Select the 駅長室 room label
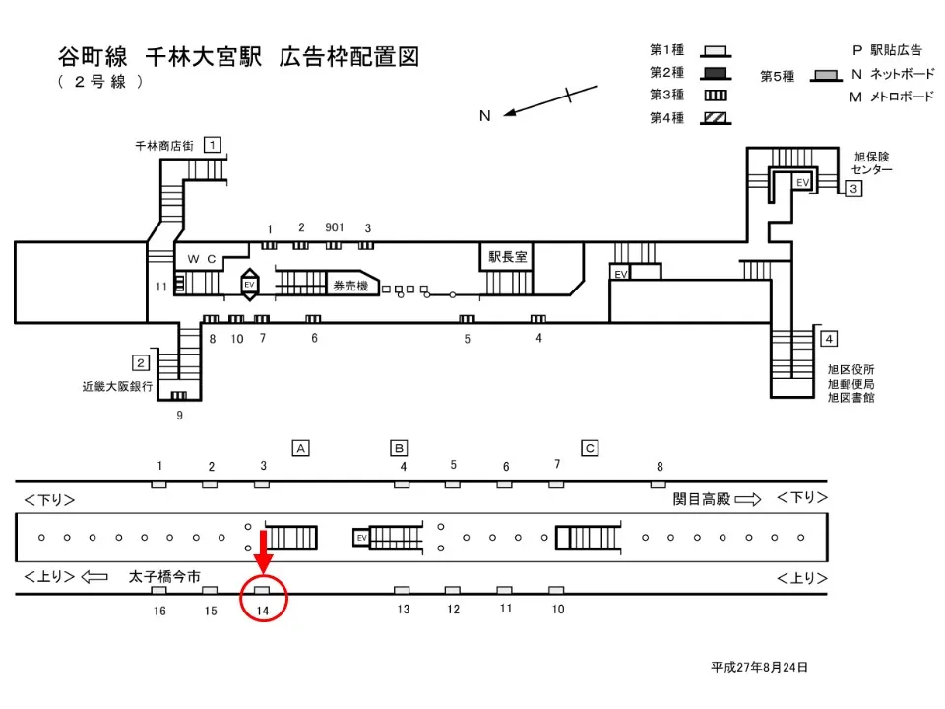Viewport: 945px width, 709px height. point(508,256)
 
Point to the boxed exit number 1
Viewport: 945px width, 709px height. point(212,145)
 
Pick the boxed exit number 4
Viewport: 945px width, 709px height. point(829,339)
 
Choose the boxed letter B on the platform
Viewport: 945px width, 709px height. point(399,448)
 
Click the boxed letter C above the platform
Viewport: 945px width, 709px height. point(590,448)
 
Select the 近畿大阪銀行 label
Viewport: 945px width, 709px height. point(117,387)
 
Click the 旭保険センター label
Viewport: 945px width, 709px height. point(871,163)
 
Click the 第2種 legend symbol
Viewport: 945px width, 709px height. point(716,72)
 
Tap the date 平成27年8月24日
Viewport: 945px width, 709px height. point(759,667)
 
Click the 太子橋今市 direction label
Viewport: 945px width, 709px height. point(164,576)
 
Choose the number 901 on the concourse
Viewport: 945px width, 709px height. point(334,227)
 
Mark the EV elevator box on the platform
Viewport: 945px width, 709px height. point(361,538)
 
